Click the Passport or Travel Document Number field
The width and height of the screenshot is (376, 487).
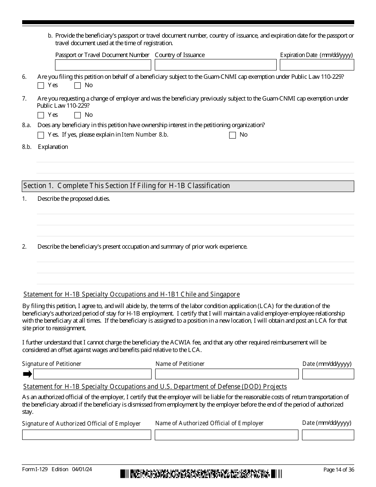pyautogui.click(x=103, y=65)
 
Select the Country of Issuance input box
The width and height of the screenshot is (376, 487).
pyautogui.click(x=215, y=65)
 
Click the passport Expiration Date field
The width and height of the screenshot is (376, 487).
pyautogui.click(x=317, y=65)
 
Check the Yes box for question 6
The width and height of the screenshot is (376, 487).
pyautogui.click(x=41, y=86)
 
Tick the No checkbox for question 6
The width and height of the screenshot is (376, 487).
pyautogui.click(x=78, y=86)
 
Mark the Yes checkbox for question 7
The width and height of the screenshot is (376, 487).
pyautogui.click(x=41, y=115)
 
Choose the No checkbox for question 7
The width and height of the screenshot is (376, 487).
pyautogui.click(x=78, y=115)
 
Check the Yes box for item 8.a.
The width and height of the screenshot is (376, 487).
pyautogui.click(x=41, y=135)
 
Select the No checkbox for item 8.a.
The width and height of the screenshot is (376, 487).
pyautogui.click(x=232, y=135)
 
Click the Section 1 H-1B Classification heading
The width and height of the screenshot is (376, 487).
pyautogui.click(x=127, y=186)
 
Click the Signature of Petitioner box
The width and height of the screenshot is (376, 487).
pyautogui.click(x=92, y=374)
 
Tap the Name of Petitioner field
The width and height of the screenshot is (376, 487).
pyautogui.click(x=227, y=374)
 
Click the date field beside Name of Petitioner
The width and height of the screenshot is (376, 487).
pyautogui.click(x=328, y=374)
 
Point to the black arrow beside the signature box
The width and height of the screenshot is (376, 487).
pyautogui.click(x=27, y=374)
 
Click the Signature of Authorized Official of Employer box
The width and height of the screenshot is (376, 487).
pyautogui.click(x=87, y=435)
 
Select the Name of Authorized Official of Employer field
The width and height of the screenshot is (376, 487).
pyautogui.click(x=226, y=435)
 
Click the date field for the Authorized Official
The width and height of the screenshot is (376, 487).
pyautogui.click(x=328, y=435)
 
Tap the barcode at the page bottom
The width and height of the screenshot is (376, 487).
pyautogui.click(x=201, y=474)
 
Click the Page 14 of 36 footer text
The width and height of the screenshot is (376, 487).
pyautogui.click(x=338, y=470)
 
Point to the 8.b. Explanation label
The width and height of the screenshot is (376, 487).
pyautogui.click(x=53, y=147)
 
